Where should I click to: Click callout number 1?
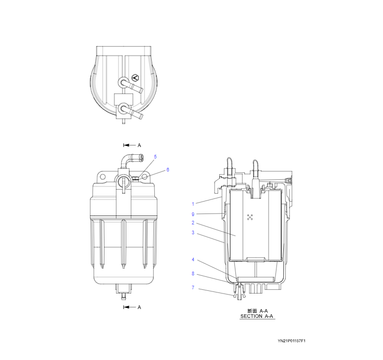tap(193, 204)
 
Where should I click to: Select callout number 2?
tap(193, 223)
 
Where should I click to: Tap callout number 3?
tap(193, 233)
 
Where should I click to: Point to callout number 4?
tap(193, 260)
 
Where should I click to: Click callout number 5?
tap(155, 156)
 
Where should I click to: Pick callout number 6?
tap(168, 169)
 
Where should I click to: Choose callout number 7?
tap(193, 288)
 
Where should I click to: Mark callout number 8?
tap(193, 274)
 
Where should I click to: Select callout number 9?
tap(193, 215)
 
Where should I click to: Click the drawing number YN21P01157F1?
tap(292, 341)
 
